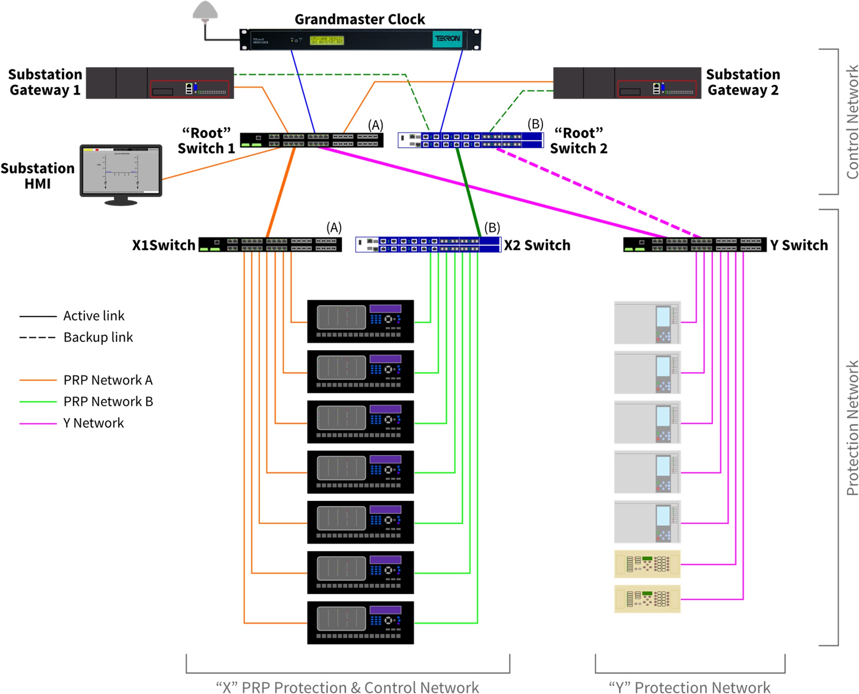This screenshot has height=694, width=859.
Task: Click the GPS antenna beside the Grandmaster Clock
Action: click(205, 10)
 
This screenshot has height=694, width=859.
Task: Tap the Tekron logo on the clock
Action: click(447, 39)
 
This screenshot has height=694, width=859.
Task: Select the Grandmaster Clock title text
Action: click(360, 19)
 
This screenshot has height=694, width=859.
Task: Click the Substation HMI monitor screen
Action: click(121, 170)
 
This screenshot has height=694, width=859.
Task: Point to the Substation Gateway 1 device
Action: click(160, 83)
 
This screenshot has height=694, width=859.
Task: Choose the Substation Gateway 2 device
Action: click(627, 83)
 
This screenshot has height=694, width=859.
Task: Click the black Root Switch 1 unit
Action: click(311, 140)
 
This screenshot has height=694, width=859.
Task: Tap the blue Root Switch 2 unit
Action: click(470, 140)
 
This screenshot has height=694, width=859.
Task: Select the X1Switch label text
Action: click(163, 245)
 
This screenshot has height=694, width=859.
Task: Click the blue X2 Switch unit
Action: click(428, 244)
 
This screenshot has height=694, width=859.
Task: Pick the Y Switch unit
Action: click(695, 244)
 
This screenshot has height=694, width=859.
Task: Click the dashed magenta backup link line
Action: click(599, 193)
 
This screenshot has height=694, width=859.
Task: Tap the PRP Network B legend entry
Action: click(108, 401)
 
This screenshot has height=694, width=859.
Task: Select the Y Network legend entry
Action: click(93, 423)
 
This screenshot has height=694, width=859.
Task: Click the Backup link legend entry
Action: click(98, 337)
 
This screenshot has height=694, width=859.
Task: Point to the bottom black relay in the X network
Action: click(360, 622)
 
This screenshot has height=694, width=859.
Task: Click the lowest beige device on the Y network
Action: click(647, 599)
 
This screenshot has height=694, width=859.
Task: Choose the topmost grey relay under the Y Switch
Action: click(647, 322)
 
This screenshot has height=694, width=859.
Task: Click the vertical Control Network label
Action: click(852, 121)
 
